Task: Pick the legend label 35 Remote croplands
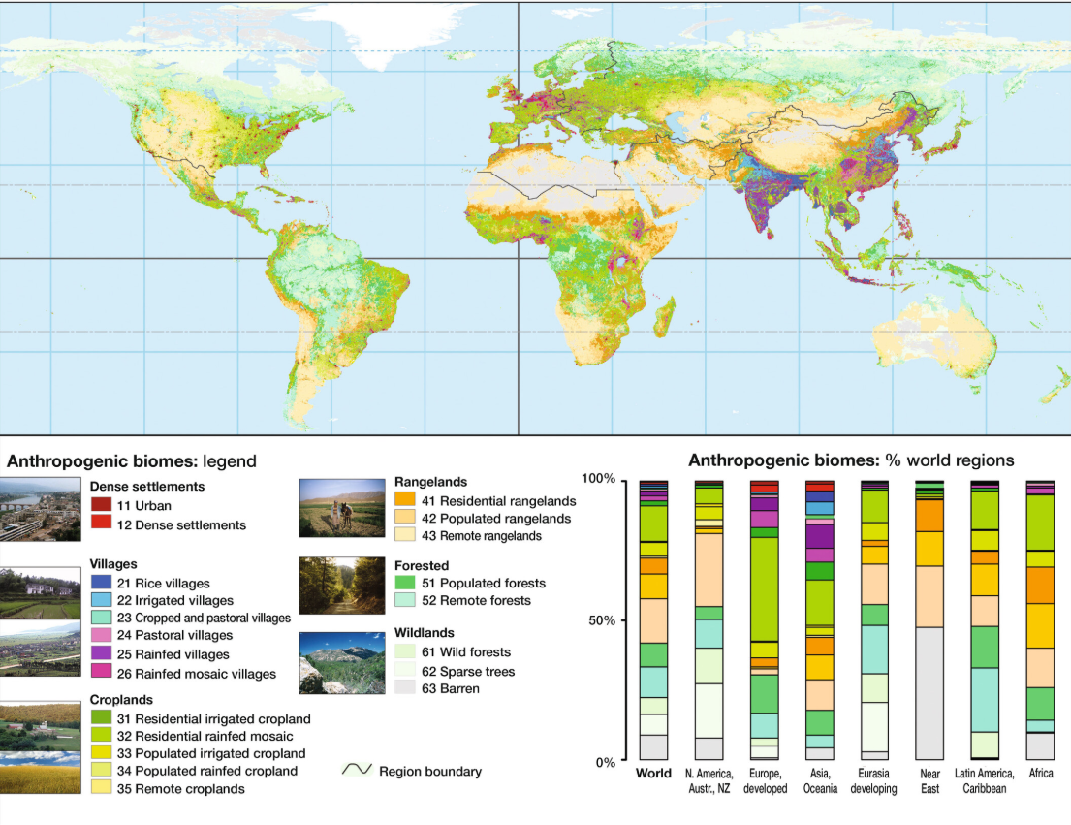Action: point(180,788)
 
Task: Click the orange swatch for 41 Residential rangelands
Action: point(406,501)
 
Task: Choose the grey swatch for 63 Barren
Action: point(406,688)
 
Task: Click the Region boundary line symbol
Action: point(357,771)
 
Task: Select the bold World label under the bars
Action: point(653,774)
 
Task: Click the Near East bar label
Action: point(929,780)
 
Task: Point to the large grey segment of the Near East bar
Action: point(929,693)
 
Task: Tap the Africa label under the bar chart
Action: point(1040,774)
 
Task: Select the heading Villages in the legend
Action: point(113,563)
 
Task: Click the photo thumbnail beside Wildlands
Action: point(342,662)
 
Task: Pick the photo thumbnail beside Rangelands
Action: point(342,508)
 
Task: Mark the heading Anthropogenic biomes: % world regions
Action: point(851,460)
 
